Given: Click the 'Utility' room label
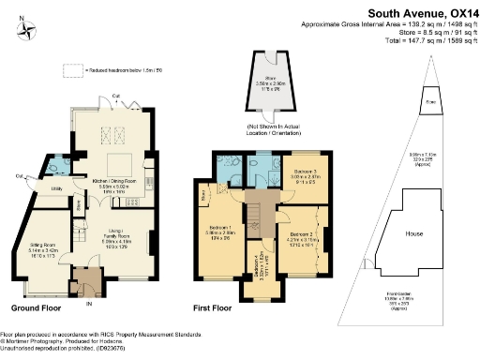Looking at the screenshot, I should click(x=56, y=188).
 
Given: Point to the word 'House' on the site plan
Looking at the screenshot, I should click(x=413, y=232).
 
